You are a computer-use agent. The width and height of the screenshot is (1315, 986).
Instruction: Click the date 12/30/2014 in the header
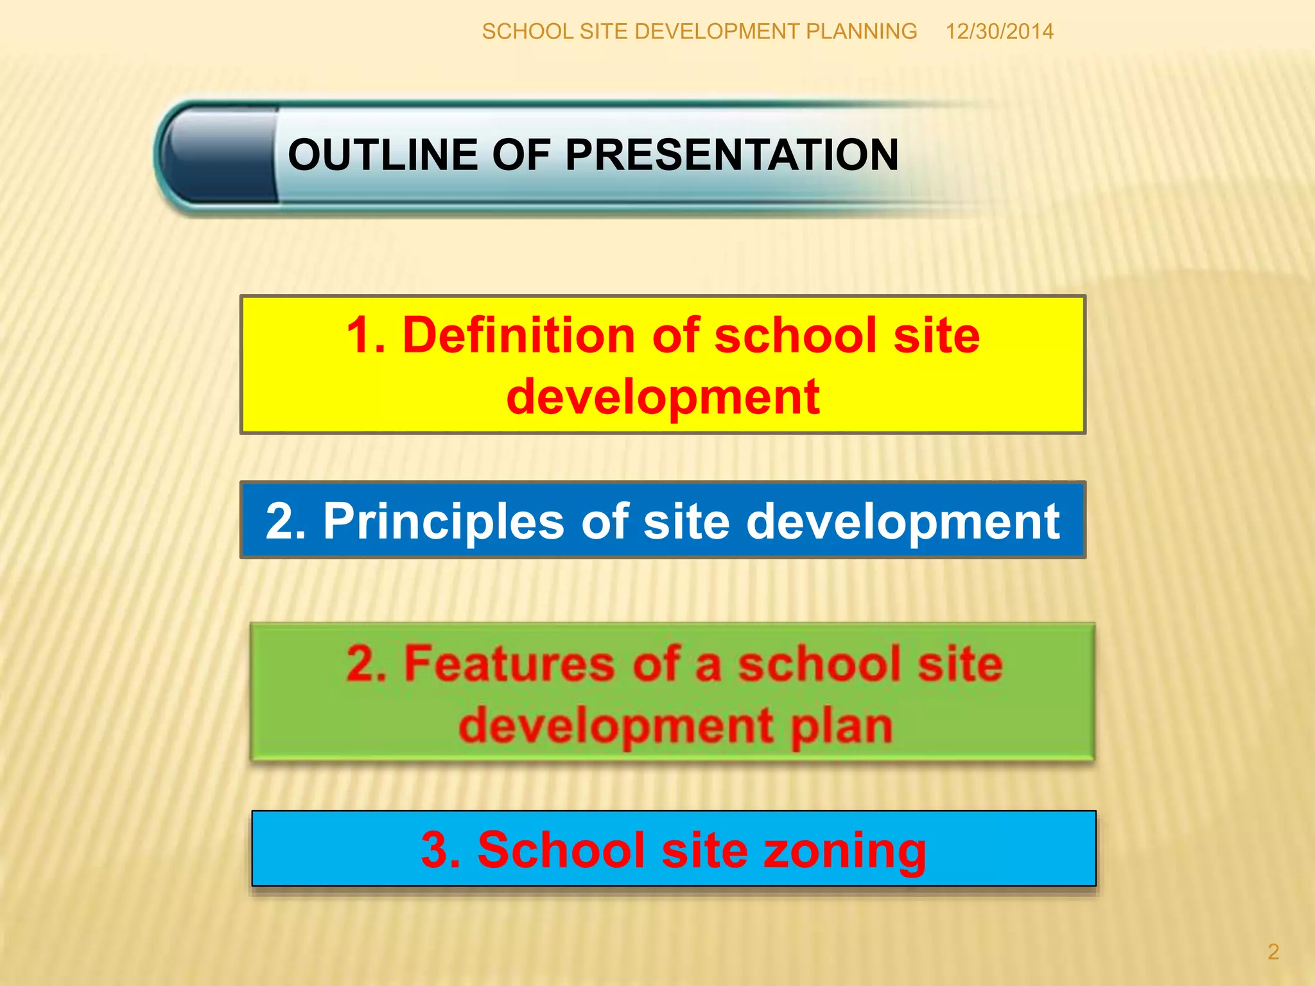coord(999,31)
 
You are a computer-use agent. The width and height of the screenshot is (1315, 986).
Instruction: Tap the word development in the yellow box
coord(663,397)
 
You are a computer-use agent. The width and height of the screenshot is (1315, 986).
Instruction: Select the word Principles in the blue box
coord(444,521)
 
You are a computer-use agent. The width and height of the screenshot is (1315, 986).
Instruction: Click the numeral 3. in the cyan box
coord(440,850)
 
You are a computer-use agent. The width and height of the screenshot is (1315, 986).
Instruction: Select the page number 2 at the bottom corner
coord(1273,951)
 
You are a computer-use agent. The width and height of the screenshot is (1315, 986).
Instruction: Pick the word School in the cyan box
coord(561,850)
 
